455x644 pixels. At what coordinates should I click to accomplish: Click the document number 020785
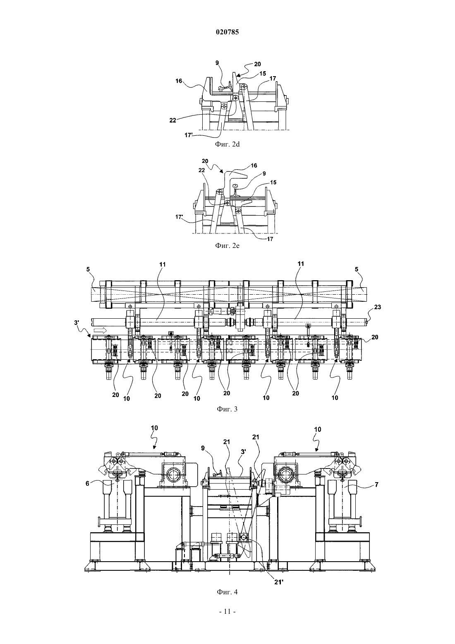[x=227, y=32]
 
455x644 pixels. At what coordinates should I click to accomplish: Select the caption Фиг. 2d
[x=227, y=144]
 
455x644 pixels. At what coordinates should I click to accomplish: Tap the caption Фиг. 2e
[x=227, y=245]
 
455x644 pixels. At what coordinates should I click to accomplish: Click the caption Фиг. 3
[x=227, y=409]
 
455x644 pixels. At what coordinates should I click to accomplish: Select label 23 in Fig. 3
[x=377, y=307]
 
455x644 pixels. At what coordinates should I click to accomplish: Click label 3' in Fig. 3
[x=77, y=322]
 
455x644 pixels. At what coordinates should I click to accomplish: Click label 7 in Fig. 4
[x=376, y=485]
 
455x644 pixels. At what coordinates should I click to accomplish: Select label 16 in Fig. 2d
[x=179, y=81]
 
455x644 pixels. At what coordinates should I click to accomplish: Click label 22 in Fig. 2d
[x=172, y=120]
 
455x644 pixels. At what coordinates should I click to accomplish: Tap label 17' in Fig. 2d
[x=189, y=135]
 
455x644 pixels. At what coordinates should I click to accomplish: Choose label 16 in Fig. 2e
[x=254, y=166]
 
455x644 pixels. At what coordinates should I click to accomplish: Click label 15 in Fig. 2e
[x=273, y=183]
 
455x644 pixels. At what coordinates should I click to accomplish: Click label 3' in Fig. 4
[x=243, y=452]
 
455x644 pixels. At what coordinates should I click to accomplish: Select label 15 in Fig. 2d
[x=262, y=74]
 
